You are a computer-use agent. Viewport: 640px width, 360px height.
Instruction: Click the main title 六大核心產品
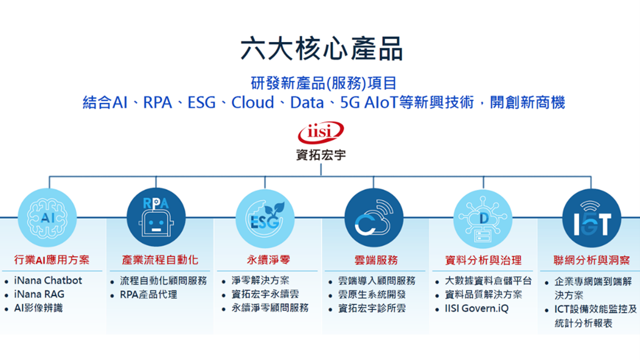point(321,49)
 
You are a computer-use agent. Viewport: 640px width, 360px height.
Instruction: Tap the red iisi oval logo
point(321,132)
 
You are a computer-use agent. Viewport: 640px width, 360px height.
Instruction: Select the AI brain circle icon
point(47,218)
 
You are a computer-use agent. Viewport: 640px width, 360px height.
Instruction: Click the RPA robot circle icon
point(156,218)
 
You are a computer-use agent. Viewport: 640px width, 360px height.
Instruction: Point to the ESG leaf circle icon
point(265,218)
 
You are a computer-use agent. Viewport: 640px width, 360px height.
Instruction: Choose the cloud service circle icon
point(374,218)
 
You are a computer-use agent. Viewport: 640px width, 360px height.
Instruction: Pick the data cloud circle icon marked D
point(483,219)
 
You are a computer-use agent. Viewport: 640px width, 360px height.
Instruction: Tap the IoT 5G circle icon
point(591,218)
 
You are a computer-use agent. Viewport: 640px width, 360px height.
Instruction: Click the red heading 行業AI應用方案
point(52,260)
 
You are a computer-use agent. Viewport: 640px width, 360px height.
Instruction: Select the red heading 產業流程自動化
point(160,260)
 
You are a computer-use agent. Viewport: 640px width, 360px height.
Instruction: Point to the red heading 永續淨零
point(268,260)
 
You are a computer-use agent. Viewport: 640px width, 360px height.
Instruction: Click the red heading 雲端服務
point(376,260)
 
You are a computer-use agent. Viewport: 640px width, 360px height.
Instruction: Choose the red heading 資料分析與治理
point(483,260)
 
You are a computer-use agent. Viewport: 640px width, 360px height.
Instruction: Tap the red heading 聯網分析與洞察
point(591,260)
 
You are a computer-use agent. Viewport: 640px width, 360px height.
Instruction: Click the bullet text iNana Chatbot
point(48,281)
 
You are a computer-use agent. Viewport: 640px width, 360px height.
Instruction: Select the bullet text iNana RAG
point(39,294)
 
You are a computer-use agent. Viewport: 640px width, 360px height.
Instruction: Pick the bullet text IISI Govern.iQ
point(477,308)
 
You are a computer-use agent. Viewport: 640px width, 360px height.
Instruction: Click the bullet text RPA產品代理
point(148,295)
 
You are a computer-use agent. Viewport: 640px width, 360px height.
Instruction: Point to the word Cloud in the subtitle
point(252,102)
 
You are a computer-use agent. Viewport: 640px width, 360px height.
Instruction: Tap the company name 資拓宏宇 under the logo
point(321,155)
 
